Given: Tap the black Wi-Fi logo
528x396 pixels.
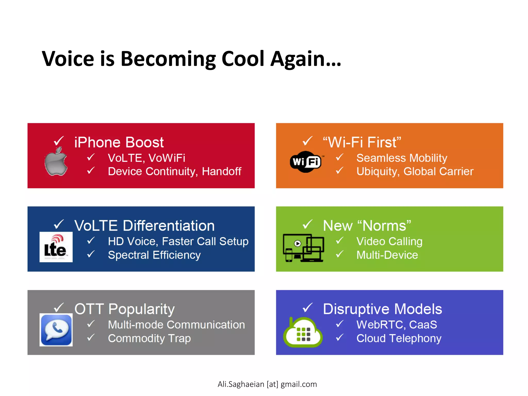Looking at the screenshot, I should click(x=306, y=162).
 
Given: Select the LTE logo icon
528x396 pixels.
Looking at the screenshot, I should click(x=56, y=247).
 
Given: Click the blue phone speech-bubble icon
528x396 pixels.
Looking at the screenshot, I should click(x=56, y=330).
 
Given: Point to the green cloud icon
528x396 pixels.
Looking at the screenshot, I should click(x=303, y=333).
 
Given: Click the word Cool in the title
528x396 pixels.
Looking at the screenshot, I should click(x=243, y=59).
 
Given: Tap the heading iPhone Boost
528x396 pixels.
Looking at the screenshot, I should click(x=119, y=142).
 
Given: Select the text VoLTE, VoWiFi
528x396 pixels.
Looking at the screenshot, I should click(x=146, y=158).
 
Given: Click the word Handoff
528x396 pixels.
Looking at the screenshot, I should click(x=221, y=171).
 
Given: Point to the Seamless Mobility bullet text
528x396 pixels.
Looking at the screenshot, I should click(x=402, y=158).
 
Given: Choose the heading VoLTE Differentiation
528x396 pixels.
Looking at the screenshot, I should click(x=144, y=226).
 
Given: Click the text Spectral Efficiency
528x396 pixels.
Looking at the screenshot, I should click(x=154, y=255).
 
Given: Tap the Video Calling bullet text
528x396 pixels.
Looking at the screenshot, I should click(x=389, y=242).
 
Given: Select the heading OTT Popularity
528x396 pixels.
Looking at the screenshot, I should click(x=125, y=309).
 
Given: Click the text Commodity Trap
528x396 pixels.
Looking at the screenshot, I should click(x=149, y=338).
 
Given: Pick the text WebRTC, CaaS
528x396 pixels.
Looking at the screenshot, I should click(x=397, y=325).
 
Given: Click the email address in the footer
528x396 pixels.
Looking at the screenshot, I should click(x=267, y=384).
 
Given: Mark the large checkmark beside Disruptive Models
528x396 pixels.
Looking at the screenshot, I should click(x=308, y=308).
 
